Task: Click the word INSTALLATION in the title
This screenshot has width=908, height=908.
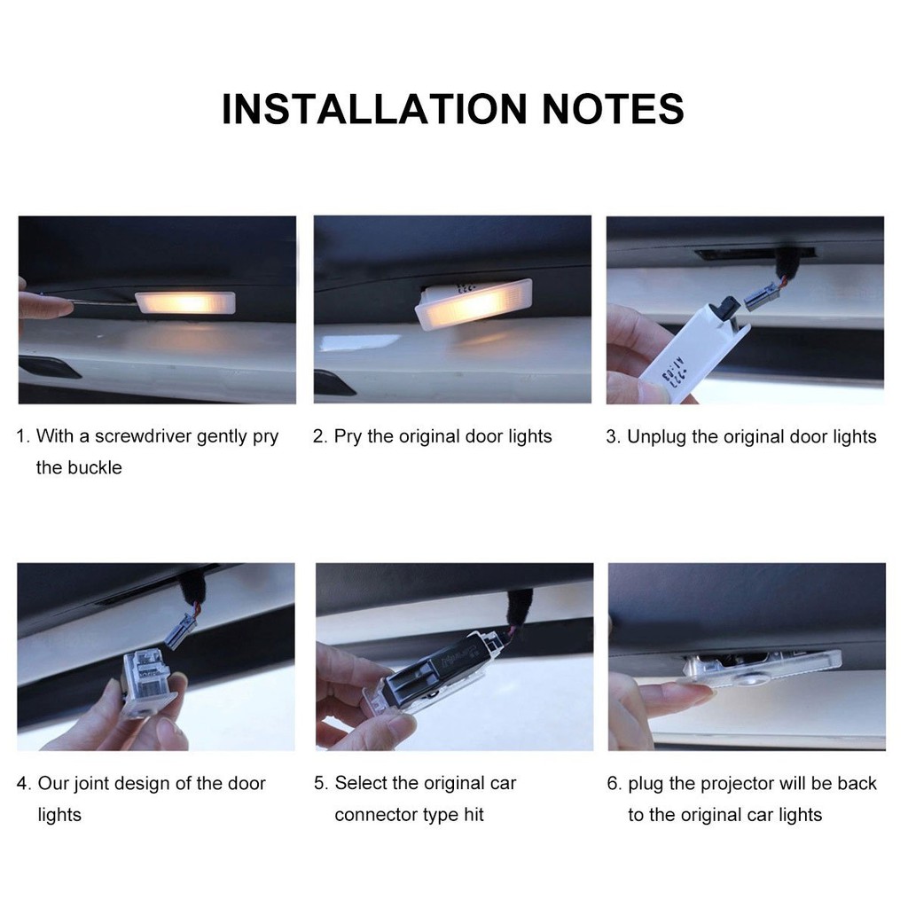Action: point(374,109)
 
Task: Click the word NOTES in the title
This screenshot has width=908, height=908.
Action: point(613,109)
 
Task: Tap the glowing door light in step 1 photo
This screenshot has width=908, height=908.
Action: point(185,302)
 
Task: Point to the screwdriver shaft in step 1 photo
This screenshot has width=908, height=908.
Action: point(91,301)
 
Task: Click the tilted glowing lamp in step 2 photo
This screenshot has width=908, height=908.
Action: point(474,304)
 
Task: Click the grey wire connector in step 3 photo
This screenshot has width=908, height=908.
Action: point(760,295)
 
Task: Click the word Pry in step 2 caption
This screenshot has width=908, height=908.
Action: point(348,436)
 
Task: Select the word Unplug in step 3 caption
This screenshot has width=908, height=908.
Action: point(657,436)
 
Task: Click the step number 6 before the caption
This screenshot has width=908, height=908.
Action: point(614,784)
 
